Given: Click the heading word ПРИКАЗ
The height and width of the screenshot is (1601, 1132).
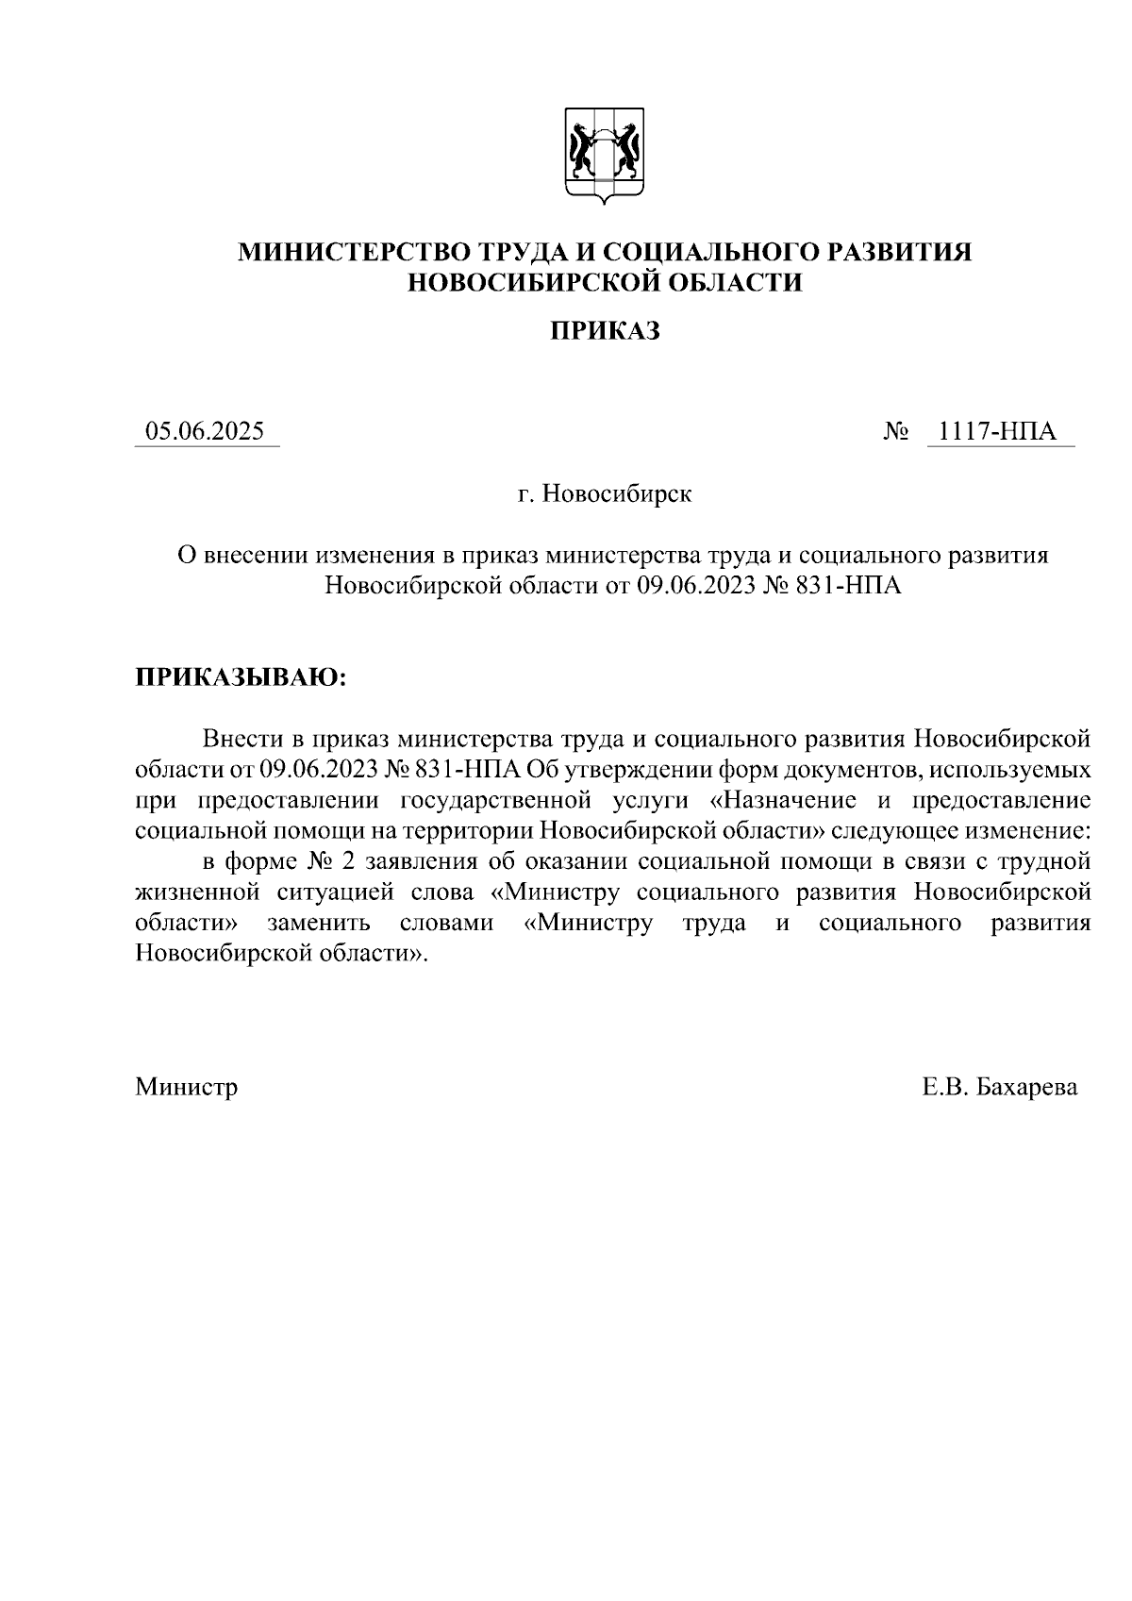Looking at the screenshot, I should (605, 330).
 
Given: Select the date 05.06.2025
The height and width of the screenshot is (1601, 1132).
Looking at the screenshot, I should (205, 432).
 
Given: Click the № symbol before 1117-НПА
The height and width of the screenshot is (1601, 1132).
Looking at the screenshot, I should (896, 432).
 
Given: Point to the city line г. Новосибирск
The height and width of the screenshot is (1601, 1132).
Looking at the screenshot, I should (605, 493).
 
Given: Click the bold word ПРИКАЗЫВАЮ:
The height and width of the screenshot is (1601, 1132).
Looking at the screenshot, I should (241, 677).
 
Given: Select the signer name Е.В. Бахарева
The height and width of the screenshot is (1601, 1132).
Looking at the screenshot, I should (999, 1087).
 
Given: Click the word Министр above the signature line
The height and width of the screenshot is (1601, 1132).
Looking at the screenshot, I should (186, 1087).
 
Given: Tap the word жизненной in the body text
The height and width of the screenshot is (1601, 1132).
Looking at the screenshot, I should (197, 892).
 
